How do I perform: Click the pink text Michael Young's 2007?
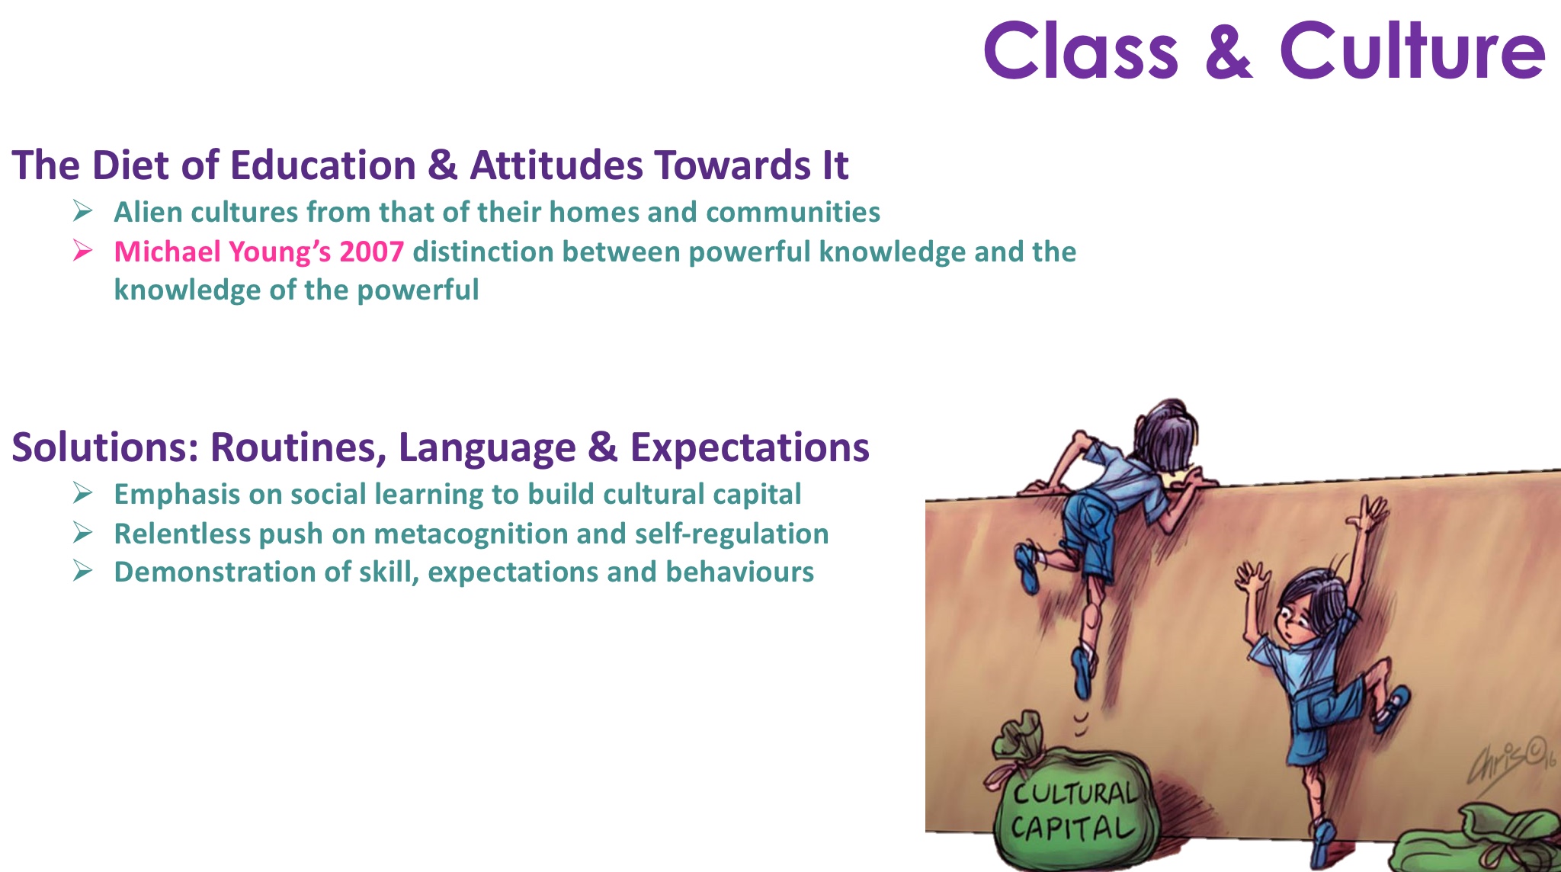[x=258, y=252]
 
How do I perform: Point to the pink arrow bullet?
[x=83, y=250]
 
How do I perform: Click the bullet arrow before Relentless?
[x=83, y=532]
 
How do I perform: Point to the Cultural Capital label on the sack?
[x=1072, y=810]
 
